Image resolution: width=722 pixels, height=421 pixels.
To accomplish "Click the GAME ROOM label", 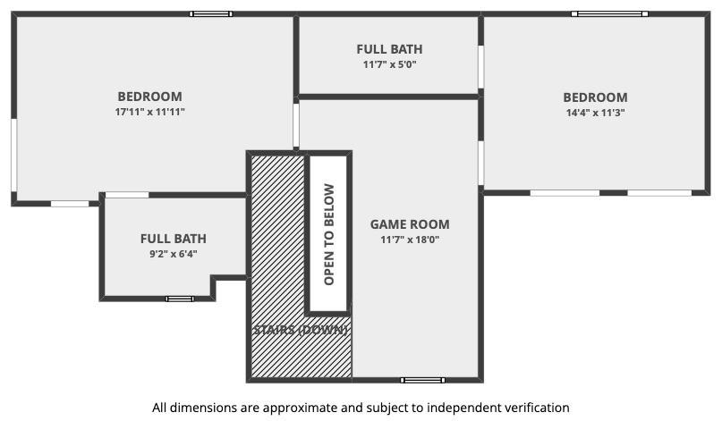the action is tap(410, 224).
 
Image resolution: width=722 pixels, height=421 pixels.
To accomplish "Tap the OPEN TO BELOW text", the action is tap(328, 235).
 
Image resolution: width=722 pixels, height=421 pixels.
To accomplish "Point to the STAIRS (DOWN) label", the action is tap(301, 330).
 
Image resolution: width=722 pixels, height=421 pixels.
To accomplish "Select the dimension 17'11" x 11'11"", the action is tap(150, 112).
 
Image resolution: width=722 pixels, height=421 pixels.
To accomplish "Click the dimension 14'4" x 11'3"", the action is tap(595, 113).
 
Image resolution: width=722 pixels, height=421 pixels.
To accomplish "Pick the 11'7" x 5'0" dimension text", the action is tap(389, 64).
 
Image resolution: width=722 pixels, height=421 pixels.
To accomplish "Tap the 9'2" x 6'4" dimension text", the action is tap(174, 254).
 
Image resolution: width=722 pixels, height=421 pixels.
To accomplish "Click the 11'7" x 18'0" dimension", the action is tap(410, 240).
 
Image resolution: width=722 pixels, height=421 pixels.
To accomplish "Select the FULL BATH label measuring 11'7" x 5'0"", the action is tap(389, 49).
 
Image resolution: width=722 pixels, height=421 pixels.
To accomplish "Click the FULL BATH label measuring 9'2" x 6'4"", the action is tap(174, 239).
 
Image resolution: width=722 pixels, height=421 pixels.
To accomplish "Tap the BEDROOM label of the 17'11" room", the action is tap(150, 97).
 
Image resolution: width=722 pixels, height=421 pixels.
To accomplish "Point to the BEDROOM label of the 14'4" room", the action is tap(595, 97).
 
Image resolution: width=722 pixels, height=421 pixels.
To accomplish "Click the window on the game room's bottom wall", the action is tap(422, 380).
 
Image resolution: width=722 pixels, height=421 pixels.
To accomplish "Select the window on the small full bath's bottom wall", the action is tap(180, 299).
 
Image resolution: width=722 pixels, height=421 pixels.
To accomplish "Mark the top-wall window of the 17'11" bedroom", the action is tap(211, 14).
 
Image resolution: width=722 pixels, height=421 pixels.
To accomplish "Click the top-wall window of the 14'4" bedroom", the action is tap(609, 14).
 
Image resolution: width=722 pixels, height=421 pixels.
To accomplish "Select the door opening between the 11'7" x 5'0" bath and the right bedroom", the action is tap(480, 67).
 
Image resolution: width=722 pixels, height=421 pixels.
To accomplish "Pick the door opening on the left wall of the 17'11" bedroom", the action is tap(14, 155).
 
